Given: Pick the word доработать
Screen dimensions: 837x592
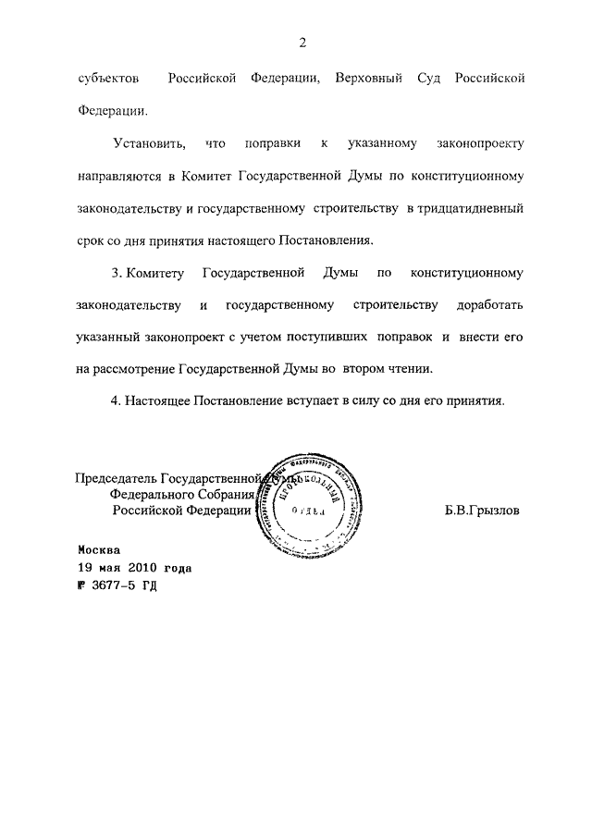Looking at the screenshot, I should (x=490, y=305).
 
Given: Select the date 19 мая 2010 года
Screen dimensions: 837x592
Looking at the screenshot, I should (x=135, y=567).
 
